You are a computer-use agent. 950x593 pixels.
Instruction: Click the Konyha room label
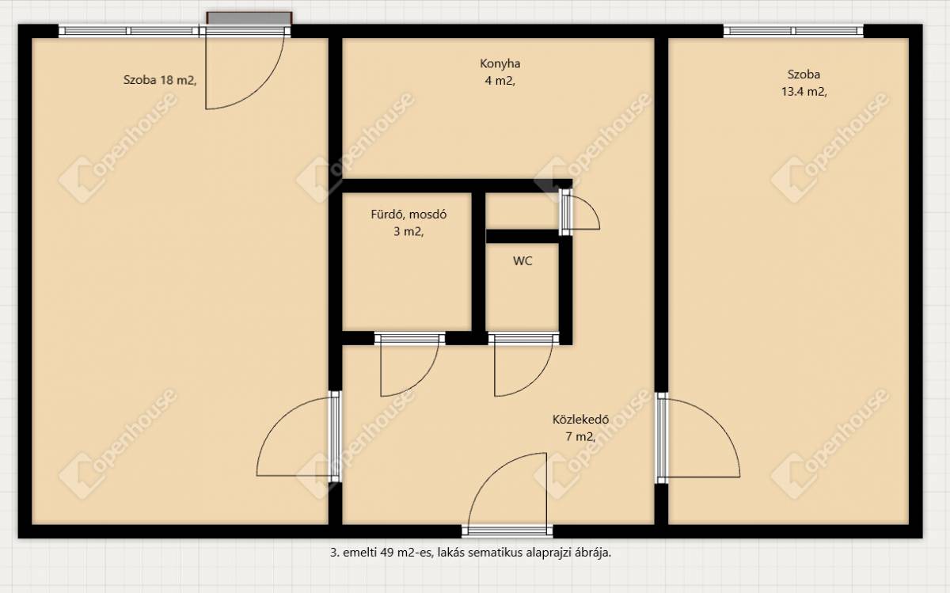point(500,63)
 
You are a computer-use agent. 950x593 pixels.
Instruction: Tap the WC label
point(522,260)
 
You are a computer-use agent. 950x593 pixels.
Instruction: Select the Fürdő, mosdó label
point(408,215)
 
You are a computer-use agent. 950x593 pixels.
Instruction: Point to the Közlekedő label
point(580,420)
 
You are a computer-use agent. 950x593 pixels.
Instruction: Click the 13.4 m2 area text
point(804,92)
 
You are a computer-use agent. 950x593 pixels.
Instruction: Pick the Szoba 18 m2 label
point(160,80)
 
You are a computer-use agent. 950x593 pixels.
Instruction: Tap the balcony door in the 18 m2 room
point(245,68)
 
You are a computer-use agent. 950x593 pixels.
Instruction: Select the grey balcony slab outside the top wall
point(249,18)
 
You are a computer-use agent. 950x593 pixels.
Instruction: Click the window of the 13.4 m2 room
point(793,31)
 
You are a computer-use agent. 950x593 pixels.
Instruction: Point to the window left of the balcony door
point(128,31)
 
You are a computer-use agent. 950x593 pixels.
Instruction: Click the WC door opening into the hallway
point(524,365)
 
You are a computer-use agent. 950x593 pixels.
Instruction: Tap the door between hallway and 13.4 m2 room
point(698,438)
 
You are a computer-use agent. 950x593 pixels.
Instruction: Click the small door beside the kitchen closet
point(579,211)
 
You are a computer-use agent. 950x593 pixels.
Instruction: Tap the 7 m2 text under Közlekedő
point(580,436)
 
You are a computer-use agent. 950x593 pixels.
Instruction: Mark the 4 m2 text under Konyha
point(500,81)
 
